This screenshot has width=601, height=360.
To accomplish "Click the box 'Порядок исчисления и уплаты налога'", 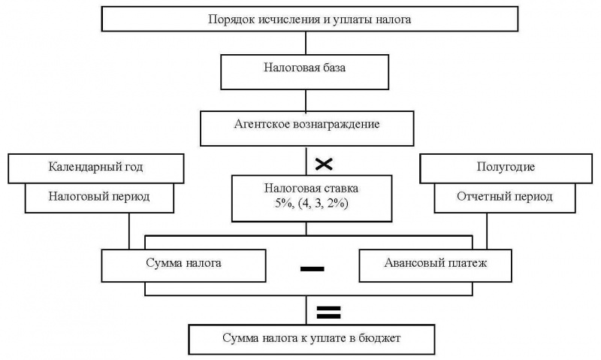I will (310, 19).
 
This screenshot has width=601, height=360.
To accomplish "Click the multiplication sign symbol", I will (325, 163).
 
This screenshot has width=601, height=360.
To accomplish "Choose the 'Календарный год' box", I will (95, 168).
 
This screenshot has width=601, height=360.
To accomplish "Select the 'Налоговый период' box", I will (98, 198).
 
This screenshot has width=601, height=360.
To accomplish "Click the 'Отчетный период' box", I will (505, 198).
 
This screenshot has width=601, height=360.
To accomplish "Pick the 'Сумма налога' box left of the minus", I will (183, 264).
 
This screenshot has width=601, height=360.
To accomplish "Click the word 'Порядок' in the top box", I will (231, 19).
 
